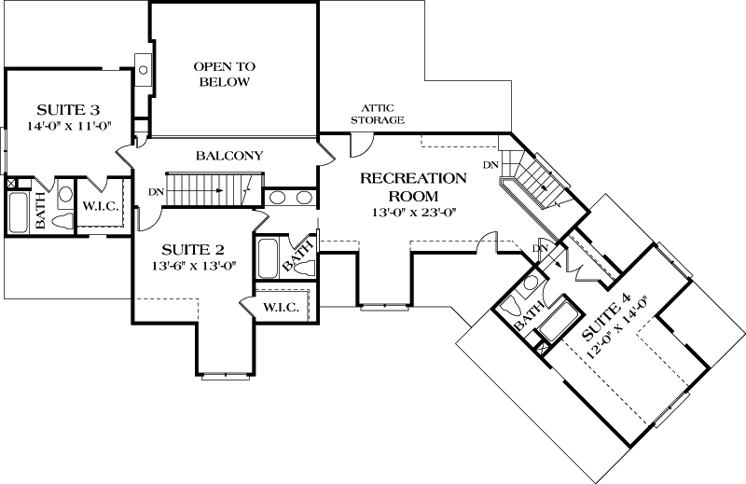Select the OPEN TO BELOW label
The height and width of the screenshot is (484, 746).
click(224, 75)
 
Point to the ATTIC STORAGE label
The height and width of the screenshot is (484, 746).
click(377, 114)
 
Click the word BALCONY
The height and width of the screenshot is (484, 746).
click(228, 156)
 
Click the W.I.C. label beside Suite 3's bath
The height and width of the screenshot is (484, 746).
click(99, 205)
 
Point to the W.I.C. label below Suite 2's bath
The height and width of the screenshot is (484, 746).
click(280, 309)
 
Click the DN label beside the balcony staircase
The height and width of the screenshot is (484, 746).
click(155, 193)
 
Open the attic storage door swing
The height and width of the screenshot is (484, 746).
click(359, 145)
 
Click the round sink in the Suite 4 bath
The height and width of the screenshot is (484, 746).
click(531, 282)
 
